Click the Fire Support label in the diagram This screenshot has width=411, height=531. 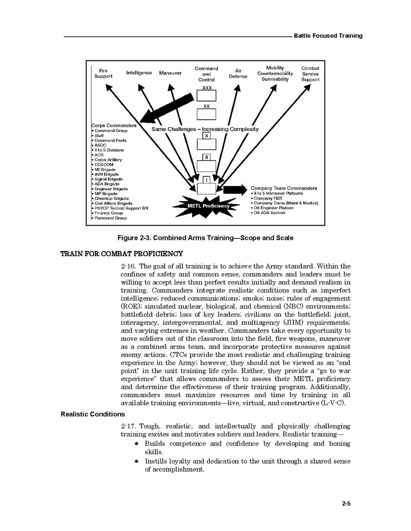(103, 73)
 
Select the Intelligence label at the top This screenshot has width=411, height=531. (139, 73)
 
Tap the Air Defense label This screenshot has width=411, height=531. (238, 73)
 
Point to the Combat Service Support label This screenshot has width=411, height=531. (310, 74)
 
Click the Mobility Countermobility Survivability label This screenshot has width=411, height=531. (275, 74)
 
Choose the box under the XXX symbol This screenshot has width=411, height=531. (206, 96)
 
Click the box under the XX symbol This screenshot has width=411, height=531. (206, 114)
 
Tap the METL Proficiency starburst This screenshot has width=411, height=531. (208, 206)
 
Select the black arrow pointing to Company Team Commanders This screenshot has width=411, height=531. (234, 190)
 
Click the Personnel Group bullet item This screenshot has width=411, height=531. (111, 218)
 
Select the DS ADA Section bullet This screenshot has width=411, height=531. (269, 213)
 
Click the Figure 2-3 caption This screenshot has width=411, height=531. (205, 238)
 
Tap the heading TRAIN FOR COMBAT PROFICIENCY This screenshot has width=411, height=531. (121, 254)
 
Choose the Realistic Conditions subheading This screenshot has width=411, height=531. (93, 414)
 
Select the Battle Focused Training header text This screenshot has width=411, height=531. (328, 35)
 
